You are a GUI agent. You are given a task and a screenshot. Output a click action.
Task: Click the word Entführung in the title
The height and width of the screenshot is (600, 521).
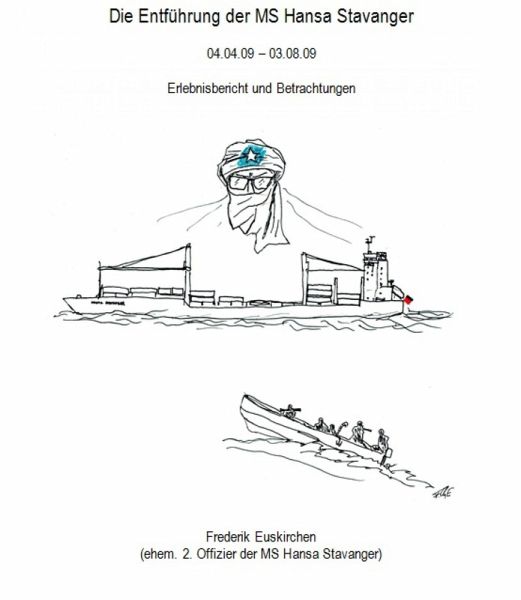(178, 17)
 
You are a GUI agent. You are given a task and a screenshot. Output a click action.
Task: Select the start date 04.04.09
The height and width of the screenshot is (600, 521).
(230, 53)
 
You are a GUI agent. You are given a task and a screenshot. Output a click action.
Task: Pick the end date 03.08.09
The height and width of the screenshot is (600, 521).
(293, 53)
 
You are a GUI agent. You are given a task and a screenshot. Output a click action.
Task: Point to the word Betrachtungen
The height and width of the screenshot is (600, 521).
(316, 88)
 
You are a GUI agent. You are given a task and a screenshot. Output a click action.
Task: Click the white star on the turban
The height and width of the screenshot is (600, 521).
(251, 156)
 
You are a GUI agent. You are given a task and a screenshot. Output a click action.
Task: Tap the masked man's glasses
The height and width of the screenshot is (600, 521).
(252, 183)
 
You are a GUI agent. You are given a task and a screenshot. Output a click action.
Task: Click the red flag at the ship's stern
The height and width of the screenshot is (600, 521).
(409, 300)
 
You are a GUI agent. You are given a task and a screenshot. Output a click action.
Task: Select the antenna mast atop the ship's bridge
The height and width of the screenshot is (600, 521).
(370, 245)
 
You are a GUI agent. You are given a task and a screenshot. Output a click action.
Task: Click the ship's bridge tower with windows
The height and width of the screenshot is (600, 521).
(377, 276)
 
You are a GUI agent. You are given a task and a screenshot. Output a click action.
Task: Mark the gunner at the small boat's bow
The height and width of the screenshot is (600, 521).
(290, 411)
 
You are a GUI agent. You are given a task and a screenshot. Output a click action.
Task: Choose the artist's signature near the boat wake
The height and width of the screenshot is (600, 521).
(443, 493)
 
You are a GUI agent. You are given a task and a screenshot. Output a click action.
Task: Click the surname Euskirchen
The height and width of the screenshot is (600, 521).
(284, 537)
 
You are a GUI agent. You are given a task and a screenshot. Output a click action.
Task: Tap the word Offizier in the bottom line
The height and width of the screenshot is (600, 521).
(216, 554)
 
